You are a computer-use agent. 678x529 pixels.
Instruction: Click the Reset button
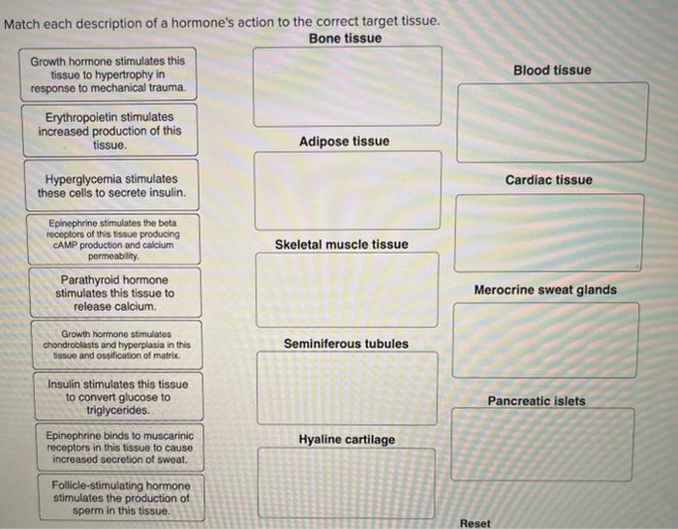[475, 523]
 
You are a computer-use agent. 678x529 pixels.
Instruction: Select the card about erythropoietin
[109, 131]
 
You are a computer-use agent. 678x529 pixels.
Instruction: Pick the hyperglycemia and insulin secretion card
[110, 186]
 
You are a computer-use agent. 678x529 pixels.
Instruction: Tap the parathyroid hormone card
[115, 293]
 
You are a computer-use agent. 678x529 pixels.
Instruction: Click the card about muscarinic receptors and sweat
[118, 448]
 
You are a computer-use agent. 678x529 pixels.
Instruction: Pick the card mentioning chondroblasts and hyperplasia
[116, 344]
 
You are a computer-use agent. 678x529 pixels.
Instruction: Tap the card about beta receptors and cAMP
[113, 239]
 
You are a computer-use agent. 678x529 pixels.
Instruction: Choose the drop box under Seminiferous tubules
[347, 388]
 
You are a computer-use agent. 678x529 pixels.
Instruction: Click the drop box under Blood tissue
[552, 122]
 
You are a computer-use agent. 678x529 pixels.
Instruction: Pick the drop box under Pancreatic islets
[543, 444]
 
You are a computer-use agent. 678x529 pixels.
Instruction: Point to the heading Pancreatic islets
[549, 401]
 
